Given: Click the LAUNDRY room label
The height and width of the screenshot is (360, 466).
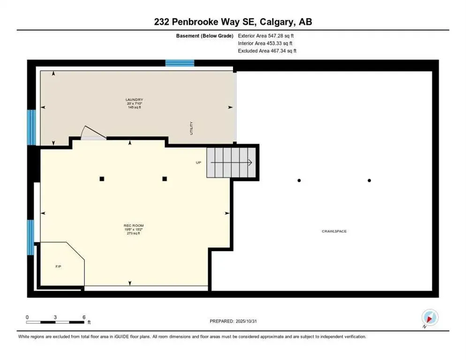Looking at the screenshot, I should pos(134,100).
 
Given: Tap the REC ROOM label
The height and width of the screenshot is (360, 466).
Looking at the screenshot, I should pos(134,225).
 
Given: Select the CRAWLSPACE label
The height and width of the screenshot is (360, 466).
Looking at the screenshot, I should pos(334,232).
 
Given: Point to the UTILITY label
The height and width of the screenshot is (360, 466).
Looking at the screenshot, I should pos(191,128).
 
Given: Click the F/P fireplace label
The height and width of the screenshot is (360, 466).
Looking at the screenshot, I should pos(58,266).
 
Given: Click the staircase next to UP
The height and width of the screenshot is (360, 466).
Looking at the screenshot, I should pos(232,163).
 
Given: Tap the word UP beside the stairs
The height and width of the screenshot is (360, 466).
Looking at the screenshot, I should pos(198,163).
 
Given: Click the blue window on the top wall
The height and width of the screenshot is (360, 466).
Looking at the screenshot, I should pos(180,63).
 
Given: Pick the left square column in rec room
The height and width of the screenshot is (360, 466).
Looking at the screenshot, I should pos(101,179).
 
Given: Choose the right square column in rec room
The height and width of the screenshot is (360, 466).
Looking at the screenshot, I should pos(165,179).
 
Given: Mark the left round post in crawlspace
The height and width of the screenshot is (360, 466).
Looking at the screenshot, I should pos(299,180).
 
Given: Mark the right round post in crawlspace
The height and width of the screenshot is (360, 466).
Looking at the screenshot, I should pos(369,180).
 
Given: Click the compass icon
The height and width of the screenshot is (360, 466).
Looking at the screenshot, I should pos(429,318).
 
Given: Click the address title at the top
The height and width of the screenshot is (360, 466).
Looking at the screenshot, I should pos(233,22).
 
